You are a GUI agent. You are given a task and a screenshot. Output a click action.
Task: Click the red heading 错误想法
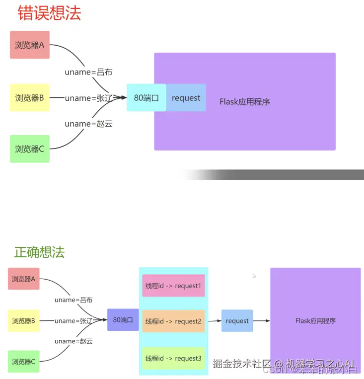tap(49, 12)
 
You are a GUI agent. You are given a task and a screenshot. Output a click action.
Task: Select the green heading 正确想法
tap(39, 252)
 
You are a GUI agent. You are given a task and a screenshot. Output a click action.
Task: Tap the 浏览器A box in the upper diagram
tap(30, 45)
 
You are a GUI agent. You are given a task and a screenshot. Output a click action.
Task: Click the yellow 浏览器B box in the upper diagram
tap(30, 97)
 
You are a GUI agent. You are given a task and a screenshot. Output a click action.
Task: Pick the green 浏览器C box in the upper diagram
tap(30, 149)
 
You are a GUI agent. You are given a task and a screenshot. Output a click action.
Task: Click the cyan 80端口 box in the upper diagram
tap(146, 97)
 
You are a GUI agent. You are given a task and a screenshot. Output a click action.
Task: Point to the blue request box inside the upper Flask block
tap(186, 97)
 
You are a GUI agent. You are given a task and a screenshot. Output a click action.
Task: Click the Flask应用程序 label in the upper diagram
tap(245, 102)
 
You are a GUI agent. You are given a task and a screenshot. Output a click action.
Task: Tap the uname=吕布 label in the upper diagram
tap(88, 72)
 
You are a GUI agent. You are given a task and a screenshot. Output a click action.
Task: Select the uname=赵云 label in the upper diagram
tap(88, 124)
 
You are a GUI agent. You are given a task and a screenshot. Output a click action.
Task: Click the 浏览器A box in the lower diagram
tap(24, 279)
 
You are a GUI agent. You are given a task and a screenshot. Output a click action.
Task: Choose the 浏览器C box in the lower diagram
tap(24, 362)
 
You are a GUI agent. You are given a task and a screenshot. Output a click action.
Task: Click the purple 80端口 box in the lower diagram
tap(123, 320)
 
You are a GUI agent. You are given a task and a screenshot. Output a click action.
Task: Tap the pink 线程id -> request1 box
tap(173, 286)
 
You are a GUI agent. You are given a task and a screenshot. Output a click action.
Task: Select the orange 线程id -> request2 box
tap(173, 321)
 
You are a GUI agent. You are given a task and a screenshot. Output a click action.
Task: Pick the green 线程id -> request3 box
tap(173, 358)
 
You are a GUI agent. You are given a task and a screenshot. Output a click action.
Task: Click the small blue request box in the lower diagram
tap(237, 321)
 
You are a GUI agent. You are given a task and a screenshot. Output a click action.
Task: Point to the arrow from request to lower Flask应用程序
tap(262, 321)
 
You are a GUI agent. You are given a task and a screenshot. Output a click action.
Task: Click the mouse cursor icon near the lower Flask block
tap(254, 276)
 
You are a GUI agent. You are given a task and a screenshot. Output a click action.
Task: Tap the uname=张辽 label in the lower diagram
tap(73, 321)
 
